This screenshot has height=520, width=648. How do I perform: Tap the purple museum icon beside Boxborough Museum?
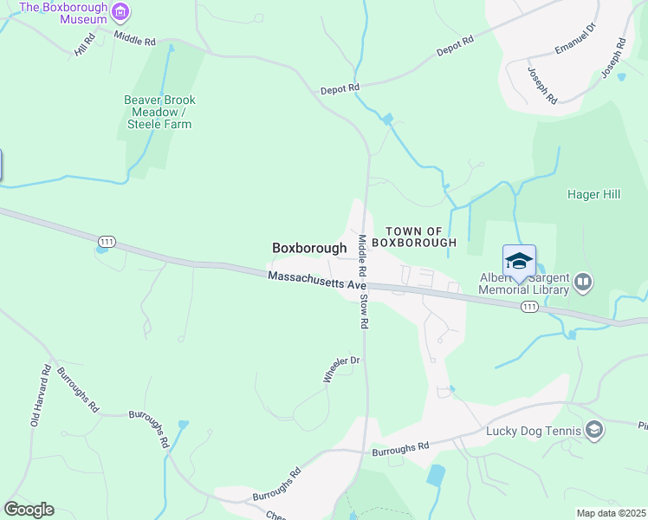point(120,11)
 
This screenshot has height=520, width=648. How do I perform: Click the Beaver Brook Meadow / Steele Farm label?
point(157,112)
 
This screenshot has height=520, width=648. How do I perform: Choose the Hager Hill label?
point(593,194)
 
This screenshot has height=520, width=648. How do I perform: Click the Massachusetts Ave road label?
point(318,280)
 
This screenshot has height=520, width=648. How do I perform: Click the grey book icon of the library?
point(583,282)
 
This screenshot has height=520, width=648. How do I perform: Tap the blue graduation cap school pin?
point(519,261)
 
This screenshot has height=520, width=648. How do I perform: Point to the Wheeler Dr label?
point(340,368)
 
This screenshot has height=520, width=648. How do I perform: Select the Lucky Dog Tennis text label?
point(538,430)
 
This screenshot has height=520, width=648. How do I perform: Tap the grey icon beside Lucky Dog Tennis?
point(594,429)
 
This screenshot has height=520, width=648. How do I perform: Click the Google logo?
point(29,510)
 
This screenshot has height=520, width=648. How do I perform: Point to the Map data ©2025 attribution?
point(611,513)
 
